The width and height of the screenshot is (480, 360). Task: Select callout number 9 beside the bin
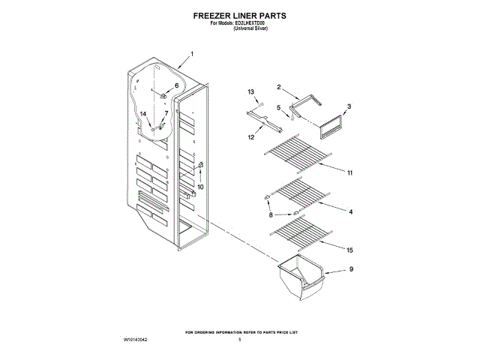click(350, 268)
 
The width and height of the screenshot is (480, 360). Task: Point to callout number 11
click(350, 172)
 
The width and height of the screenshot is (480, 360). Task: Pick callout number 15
click(350, 249)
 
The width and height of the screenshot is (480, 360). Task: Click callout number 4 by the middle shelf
click(350, 212)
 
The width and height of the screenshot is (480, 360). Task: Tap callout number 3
click(349, 107)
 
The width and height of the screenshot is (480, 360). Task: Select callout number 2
click(278, 87)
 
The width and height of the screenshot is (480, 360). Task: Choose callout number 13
click(251, 91)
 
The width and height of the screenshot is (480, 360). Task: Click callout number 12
click(251, 137)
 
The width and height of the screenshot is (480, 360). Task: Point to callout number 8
click(271, 216)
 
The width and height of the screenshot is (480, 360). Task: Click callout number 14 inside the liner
click(143, 113)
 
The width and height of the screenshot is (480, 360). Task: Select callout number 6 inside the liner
click(177, 86)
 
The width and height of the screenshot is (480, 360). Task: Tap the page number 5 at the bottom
click(240, 340)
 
